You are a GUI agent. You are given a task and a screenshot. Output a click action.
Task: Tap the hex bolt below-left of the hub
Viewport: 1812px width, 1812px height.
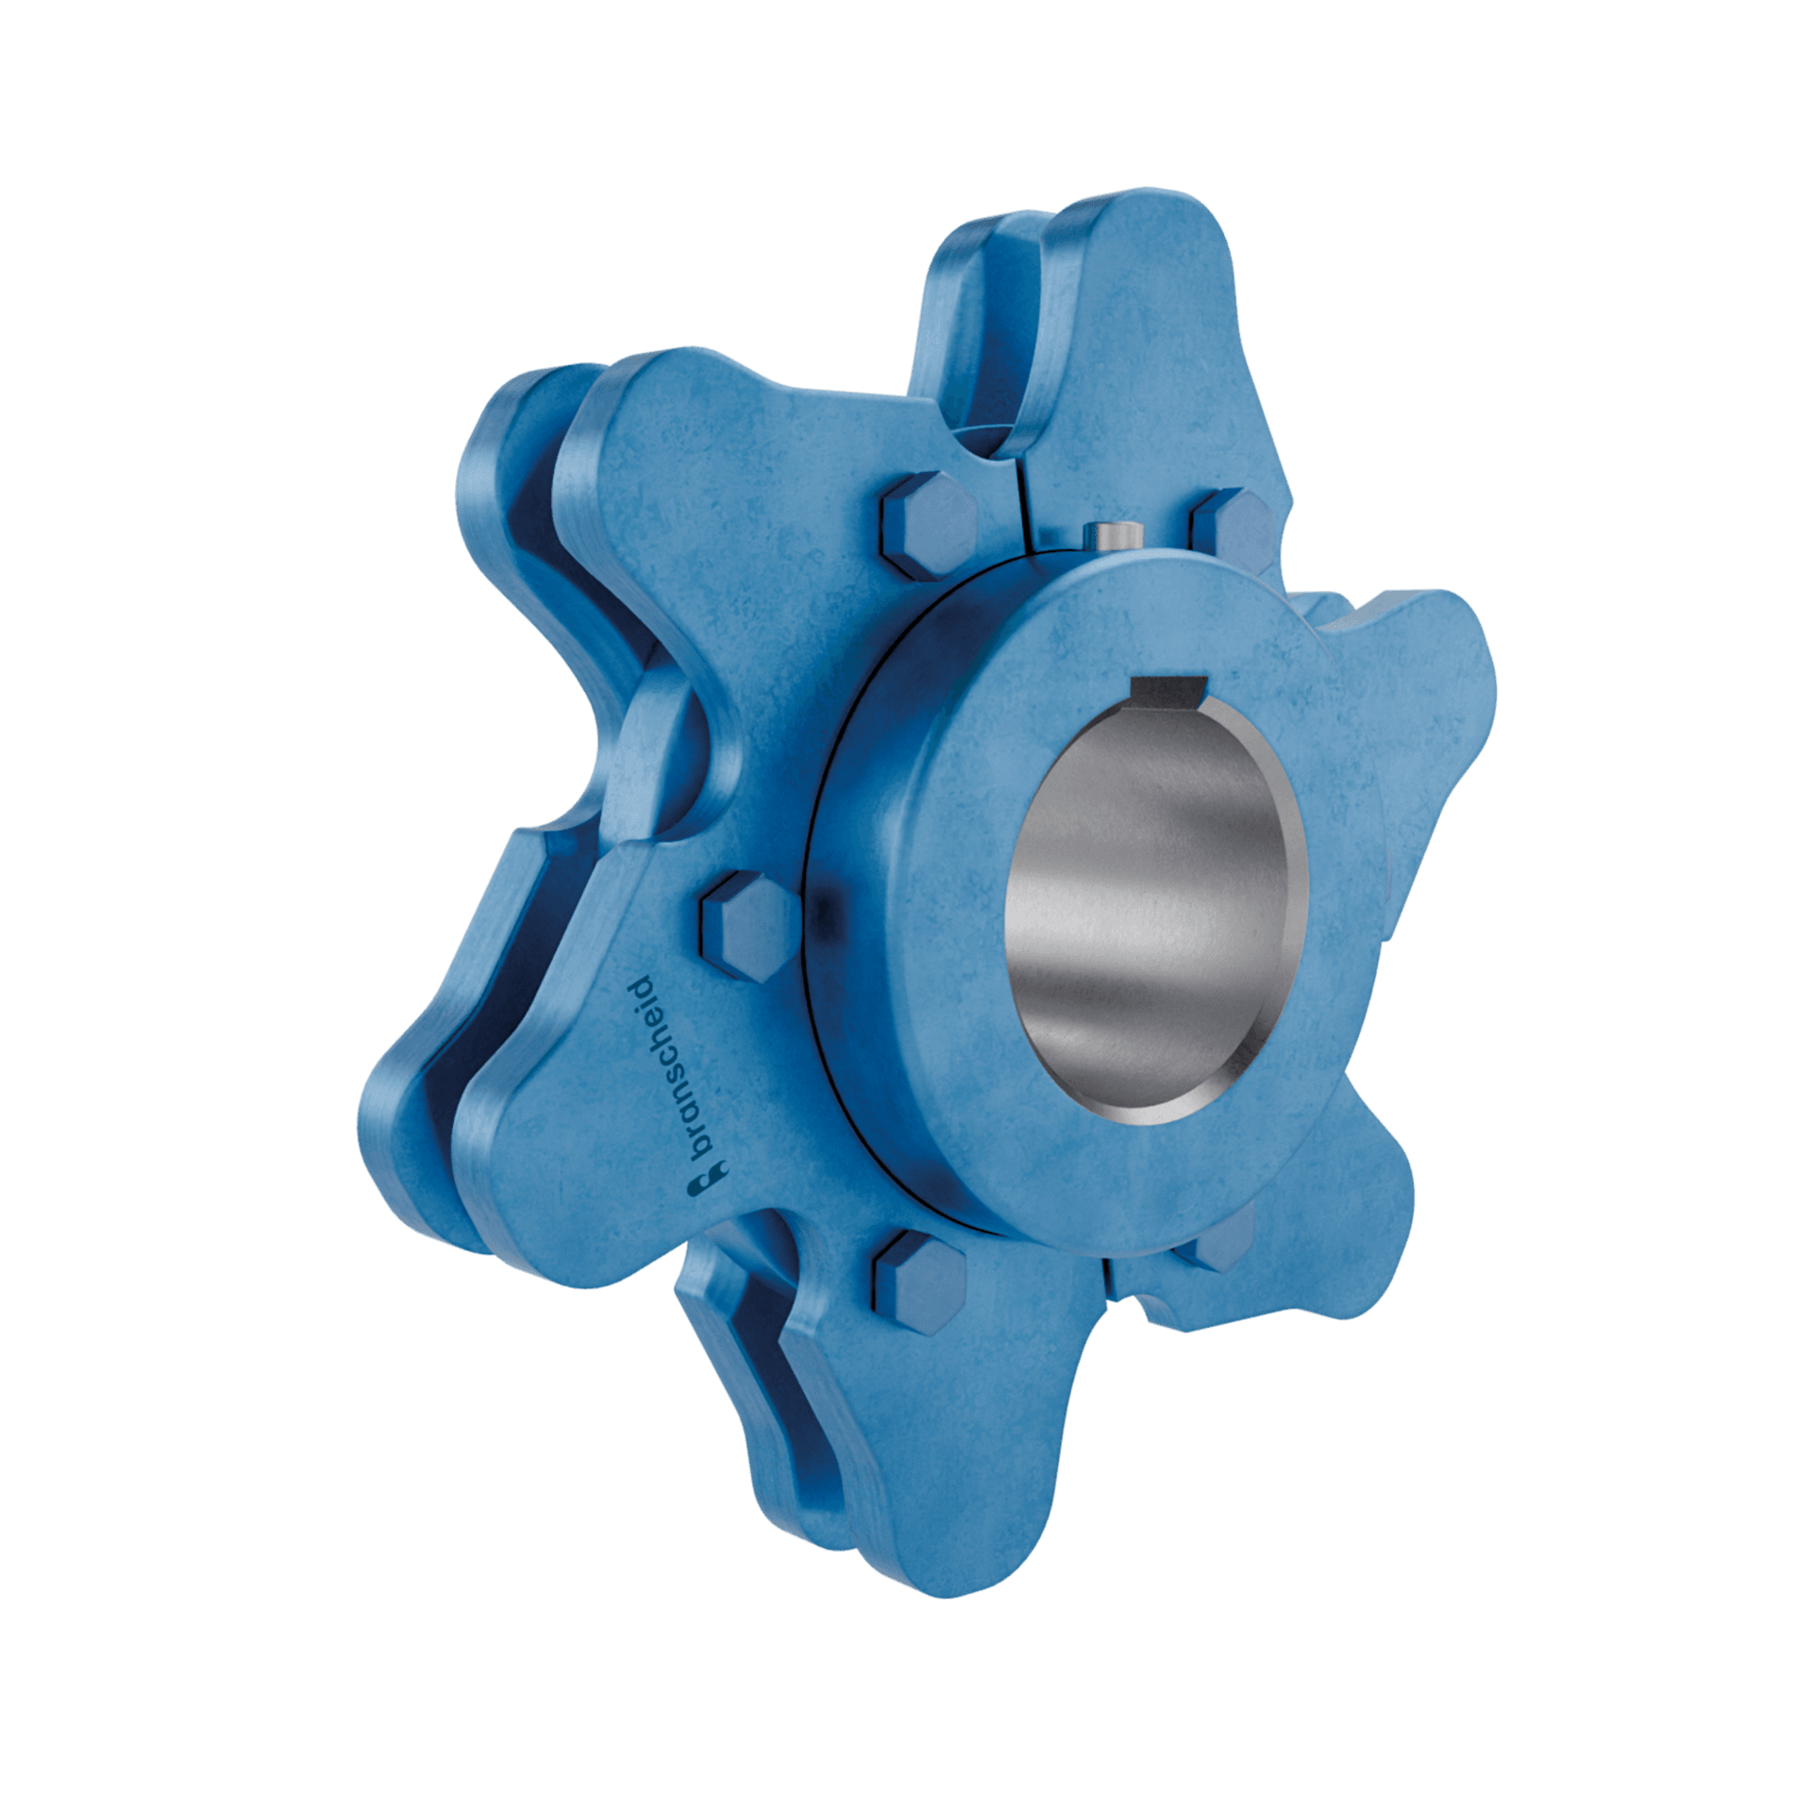(x=918, y=1281)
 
